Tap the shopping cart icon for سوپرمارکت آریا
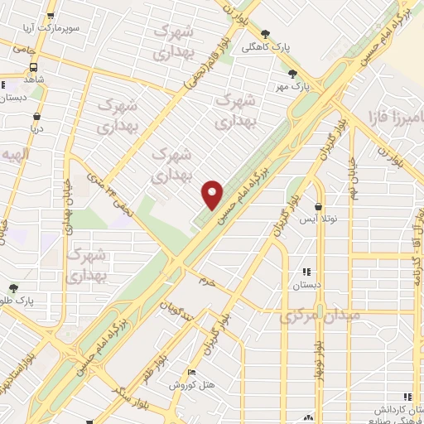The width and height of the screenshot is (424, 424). pos(51,16)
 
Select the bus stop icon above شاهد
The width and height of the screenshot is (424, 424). pos(4,84)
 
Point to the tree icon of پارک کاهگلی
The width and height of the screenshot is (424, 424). pos(265,34)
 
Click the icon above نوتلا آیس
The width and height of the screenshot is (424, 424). pos(319,207)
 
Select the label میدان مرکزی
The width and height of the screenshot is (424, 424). pos(319,316)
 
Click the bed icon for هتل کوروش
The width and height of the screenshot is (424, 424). pos(192,373)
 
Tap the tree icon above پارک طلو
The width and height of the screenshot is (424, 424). pos(13,289)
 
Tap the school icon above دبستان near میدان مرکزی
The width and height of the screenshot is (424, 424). pos(306,272)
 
